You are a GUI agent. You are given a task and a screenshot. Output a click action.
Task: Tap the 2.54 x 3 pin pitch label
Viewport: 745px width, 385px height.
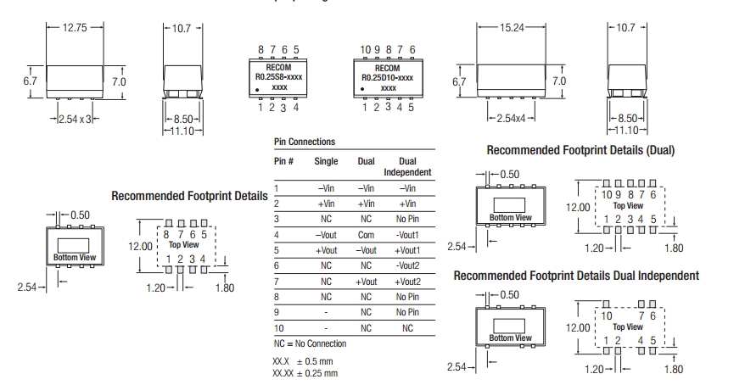tap(76, 120)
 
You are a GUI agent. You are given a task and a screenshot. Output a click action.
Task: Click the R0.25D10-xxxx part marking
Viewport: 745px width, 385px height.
tap(388, 77)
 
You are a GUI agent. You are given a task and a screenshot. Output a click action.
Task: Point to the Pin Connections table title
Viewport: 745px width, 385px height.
tap(304, 142)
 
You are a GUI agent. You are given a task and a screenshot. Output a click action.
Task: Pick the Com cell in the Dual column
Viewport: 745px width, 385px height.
tap(367, 235)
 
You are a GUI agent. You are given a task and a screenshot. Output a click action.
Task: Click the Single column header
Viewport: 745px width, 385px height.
tap(326, 160)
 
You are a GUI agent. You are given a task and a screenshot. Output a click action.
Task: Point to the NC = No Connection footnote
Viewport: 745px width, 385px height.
tap(310, 343)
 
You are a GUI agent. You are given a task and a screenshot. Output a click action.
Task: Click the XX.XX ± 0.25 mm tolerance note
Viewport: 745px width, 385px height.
tap(305, 372)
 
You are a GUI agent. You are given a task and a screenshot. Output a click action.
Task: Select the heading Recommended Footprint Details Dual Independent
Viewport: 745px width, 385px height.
tap(576, 276)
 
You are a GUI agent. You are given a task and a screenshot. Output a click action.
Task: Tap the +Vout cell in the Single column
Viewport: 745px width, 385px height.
tap(326, 250)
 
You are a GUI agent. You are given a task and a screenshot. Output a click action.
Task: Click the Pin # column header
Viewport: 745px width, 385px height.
tap(283, 160)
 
